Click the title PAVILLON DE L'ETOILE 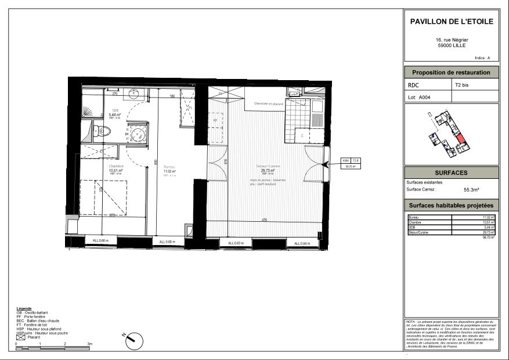click(x=452, y=21)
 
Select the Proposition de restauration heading click(x=452, y=73)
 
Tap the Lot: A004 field click(x=420, y=98)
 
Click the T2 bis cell click(x=463, y=85)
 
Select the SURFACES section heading click(x=451, y=173)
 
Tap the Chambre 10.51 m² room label click(x=115, y=170)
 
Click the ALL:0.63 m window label click(x=236, y=243)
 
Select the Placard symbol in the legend click(x=21, y=337)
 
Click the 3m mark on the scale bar click(x=89, y=344)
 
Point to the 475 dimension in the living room click(x=264, y=220)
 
